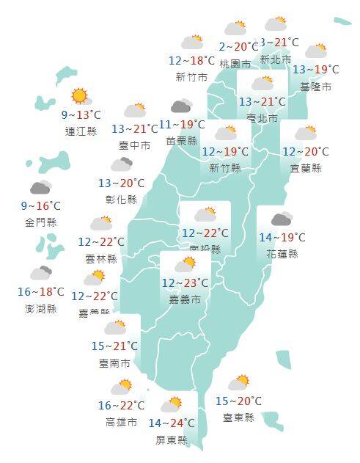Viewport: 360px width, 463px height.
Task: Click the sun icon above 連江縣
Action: pos(79,95)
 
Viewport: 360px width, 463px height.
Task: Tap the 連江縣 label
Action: pos(81,131)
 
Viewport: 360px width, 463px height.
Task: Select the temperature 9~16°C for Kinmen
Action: pos(41,206)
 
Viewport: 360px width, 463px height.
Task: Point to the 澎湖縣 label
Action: pos(41,309)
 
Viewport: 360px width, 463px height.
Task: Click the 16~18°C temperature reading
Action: pos(41,293)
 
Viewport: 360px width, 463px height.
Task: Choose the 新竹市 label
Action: pos(191,77)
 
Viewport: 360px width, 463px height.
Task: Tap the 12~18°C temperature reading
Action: pos(192,61)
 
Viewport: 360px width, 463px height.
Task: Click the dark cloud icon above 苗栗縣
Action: pos(181,107)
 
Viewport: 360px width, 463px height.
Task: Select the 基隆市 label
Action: pos(316,87)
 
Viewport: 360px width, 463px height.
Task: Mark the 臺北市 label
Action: pos(262,118)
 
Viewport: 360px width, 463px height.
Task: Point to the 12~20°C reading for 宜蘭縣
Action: pos(306,152)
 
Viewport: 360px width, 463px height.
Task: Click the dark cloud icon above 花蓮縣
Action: pos(282,219)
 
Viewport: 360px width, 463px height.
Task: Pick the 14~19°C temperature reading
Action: pos(282,237)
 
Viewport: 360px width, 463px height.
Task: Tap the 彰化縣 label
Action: pos(122,199)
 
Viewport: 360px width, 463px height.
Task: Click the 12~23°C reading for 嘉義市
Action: pos(185,282)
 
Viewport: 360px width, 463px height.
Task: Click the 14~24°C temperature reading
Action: pos(172,423)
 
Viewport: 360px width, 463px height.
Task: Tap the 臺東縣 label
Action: pos(238,418)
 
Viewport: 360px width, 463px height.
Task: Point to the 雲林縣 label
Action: pos(101,258)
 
